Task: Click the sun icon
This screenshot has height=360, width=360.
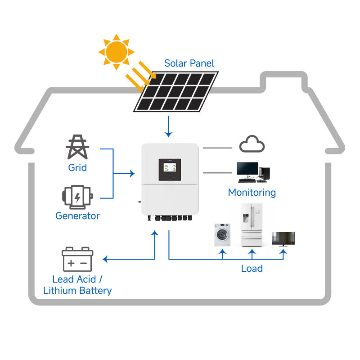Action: tap(117, 52)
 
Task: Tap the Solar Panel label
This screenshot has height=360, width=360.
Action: tap(189, 63)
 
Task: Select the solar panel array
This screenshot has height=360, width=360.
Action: tap(176, 92)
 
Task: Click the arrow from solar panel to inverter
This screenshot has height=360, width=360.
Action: tap(168, 126)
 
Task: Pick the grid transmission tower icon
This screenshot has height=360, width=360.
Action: tap(77, 147)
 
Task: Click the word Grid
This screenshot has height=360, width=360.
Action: tap(77, 167)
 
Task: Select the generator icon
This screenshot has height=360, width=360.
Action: tap(77, 197)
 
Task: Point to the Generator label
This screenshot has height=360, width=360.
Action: tap(77, 216)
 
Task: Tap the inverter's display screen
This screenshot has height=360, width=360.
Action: tap(170, 167)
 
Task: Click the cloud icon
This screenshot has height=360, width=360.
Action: tap(252, 144)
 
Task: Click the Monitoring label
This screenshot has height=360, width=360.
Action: tap(252, 193)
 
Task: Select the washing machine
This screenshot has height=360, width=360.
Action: tap(222, 234)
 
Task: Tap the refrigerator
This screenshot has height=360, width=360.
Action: tap(252, 225)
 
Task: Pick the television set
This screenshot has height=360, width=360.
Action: tap(283, 239)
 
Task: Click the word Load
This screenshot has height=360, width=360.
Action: tap(252, 268)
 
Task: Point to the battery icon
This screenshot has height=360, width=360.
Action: tap(77, 259)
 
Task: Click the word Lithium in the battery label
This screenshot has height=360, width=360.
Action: tap(60, 290)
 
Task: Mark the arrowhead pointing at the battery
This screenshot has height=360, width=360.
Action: tap(105, 259)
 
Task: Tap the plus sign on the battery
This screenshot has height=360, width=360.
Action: tap(71, 263)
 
